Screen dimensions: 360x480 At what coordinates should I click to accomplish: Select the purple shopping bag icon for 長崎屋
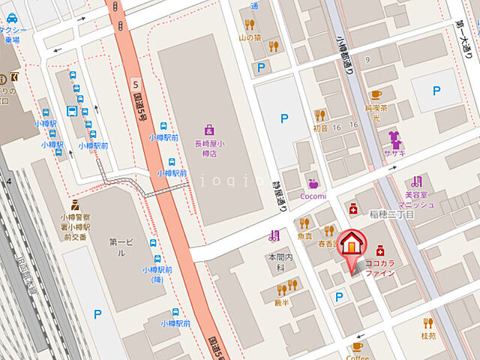pos(208,129)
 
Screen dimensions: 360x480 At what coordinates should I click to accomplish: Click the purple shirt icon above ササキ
pos(393,136)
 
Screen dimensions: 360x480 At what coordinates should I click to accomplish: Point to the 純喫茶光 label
pos(376,113)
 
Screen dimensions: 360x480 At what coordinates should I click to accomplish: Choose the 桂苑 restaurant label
pos(428,336)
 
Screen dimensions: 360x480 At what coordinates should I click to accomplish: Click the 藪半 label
pos(282,303)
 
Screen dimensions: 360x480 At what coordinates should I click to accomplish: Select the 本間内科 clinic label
pos(277,262)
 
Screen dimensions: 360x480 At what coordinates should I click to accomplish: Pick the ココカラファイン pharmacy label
pos(380,268)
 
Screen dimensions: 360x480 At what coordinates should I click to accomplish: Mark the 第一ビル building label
pos(120,248)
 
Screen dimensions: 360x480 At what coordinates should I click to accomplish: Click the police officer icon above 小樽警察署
pos(73,203)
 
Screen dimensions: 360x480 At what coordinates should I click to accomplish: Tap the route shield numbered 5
pos(135,83)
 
